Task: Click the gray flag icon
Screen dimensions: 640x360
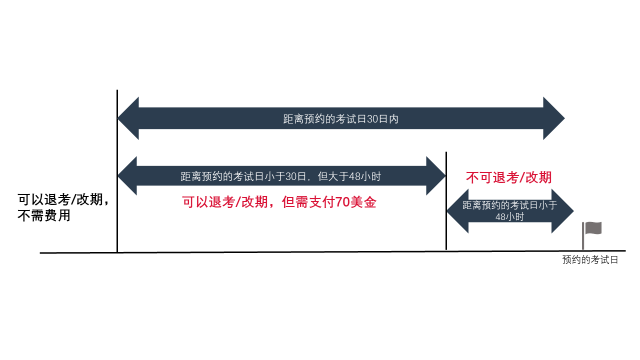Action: tap(593, 228)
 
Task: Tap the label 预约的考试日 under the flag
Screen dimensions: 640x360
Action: tap(590, 260)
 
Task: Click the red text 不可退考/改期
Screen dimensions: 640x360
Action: tap(508, 177)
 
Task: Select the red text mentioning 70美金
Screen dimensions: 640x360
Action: tap(279, 202)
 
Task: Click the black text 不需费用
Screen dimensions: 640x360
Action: tap(44, 216)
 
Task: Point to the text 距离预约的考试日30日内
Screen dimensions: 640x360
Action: tap(340, 119)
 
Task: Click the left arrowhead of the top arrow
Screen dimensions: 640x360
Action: tap(128, 118)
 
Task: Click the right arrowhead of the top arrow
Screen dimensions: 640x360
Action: tap(553, 118)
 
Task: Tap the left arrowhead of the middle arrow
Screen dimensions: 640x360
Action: tap(127, 176)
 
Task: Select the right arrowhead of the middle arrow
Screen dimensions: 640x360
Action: tap(435, 176)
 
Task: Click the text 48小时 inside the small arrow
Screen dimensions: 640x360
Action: tap(509, 217)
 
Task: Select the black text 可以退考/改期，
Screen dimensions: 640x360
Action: tap(63, 199)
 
